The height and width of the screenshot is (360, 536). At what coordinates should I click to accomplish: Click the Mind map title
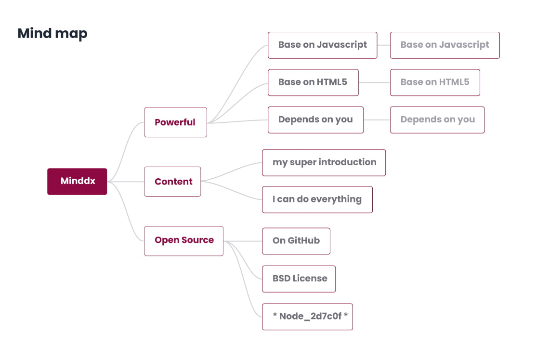(x=52, y=33)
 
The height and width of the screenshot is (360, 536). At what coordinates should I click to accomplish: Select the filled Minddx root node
(x=77, y=182)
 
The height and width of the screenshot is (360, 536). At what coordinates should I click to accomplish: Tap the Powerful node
(x=175, y=122)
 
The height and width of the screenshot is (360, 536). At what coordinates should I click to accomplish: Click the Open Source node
(x=183, y=240)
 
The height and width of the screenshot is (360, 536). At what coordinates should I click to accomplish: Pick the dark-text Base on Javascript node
(x=322, y=45)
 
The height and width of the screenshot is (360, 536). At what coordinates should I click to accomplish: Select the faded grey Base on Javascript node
(x=444, y=45)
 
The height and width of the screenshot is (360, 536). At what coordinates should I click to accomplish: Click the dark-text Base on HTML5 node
(x=313, y=82)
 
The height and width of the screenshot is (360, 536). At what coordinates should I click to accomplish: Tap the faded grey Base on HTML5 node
(x=434, y=82)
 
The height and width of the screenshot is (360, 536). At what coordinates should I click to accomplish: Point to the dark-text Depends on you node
(x=315, y=120)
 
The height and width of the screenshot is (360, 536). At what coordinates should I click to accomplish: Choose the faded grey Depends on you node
(x=437, y=120)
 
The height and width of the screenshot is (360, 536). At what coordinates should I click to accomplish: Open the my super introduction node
(x=324, y=162)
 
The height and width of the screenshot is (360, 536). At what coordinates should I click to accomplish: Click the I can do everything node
(x=317, y=200)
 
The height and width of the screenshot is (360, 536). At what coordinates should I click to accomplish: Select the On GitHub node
(x=296, y=241)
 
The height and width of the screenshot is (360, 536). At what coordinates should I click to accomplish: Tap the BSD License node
(x=299, y=279)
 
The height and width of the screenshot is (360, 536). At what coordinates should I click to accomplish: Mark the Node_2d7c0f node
(x=307, y=317)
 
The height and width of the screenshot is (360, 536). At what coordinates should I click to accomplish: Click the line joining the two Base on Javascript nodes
(x=383, y=45)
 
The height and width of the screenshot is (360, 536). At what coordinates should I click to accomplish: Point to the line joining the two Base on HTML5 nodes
(x=374, y=82)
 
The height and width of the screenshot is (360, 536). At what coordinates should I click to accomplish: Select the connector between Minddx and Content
(x=126, y=182)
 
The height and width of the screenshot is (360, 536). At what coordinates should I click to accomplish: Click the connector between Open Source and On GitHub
(x=243, y=241)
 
